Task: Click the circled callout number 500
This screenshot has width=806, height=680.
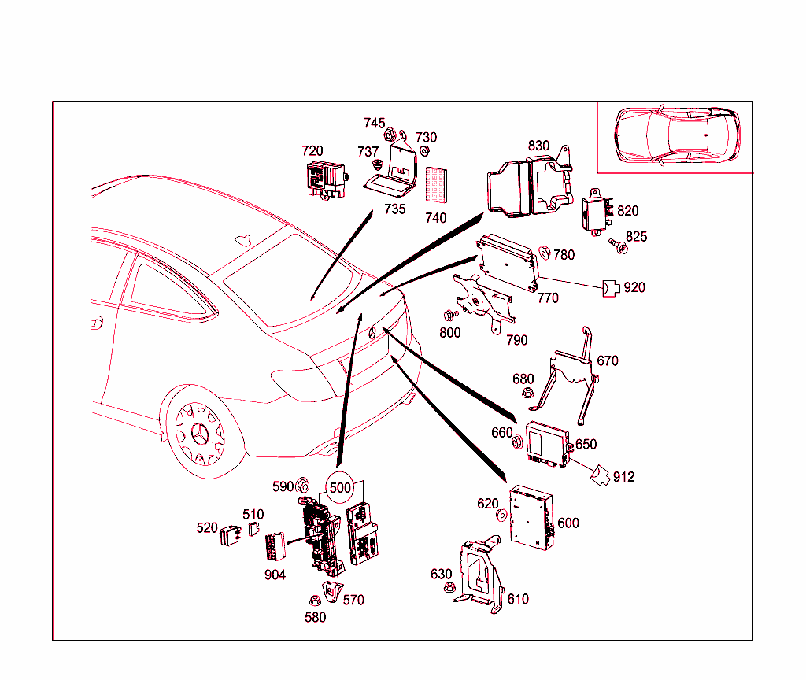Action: coord(340,487)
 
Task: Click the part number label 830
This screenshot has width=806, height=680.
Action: coord(538,146)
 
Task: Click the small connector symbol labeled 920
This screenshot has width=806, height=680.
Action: coord(611,288)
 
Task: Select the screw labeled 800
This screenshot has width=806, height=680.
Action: coord(451,315)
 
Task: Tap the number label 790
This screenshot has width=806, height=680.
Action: coord(516,340)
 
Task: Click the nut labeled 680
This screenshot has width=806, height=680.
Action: coord(528,391)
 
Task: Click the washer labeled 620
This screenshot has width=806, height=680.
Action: coord(501,516)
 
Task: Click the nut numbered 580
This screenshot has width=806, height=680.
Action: coord(314,602)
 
